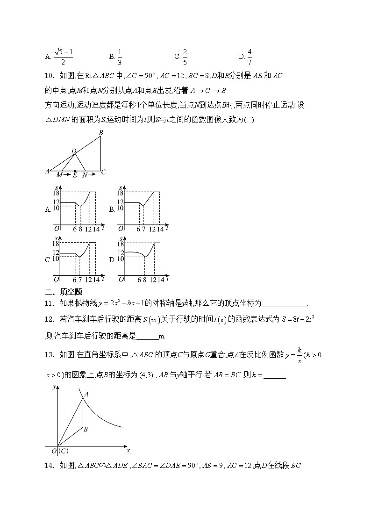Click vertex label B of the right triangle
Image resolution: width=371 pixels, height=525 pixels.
tap(101, 133)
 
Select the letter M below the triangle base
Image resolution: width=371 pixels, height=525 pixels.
tap(59, 175)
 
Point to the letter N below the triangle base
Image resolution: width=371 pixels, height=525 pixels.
tap(85, 175)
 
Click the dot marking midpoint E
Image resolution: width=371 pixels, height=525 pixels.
tap(75, 171)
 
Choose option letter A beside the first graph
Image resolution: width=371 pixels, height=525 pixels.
tap(48, 209)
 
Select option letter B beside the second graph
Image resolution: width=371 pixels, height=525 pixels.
tap(112, 209)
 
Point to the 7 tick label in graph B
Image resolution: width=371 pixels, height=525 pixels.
tap(143, 229)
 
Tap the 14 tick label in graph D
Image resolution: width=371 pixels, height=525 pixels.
tap(160, 280)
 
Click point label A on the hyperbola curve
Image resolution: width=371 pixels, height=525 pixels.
tap(86, 394)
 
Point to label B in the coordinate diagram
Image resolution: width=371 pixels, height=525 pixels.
tap(86, 429)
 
